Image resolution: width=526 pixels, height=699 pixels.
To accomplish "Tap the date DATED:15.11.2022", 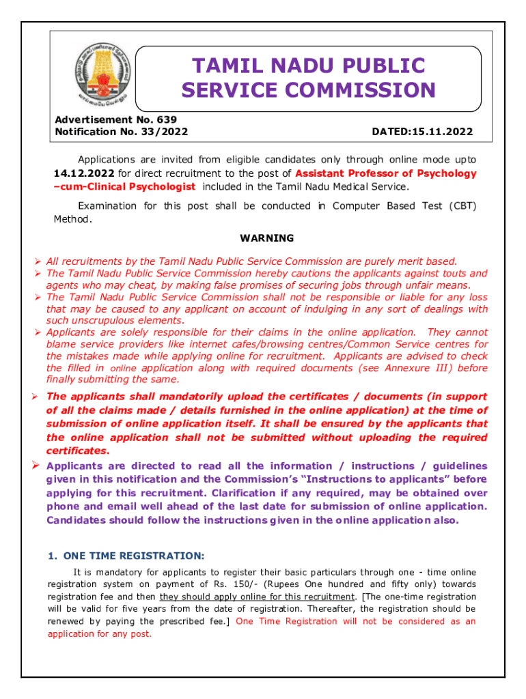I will (422, 131).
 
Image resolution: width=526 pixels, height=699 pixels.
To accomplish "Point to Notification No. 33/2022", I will (121, 131).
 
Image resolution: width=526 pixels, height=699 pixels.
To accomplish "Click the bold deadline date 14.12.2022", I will (84, 173).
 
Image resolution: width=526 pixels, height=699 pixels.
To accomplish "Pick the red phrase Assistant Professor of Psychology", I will (386, 173).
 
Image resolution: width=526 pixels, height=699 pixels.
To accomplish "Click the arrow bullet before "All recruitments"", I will (39, 261).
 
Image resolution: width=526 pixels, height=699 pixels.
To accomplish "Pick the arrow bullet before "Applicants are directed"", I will (39, 466).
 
